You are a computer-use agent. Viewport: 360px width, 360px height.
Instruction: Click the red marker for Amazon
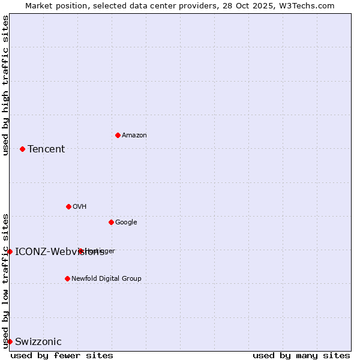[118, 135]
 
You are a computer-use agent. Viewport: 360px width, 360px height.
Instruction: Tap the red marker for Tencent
[22, 149]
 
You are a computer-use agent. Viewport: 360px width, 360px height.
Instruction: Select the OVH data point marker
[68, 206]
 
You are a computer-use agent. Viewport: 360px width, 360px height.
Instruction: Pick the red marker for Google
[111, 222]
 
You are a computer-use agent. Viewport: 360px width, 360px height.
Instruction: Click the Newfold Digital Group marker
[67, 278]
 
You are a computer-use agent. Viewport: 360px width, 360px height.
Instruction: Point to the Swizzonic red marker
[10, 341]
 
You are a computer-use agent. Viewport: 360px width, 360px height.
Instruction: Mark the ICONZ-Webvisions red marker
[10, 251]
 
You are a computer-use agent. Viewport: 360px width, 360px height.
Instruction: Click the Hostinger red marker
[80, 251]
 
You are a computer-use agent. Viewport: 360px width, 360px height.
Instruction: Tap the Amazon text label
[134, 136]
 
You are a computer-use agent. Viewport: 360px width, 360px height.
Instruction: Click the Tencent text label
[46, 149]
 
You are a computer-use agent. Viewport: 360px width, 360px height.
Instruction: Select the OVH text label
[80, 207]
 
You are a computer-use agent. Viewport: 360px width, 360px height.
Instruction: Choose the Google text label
[126, 223]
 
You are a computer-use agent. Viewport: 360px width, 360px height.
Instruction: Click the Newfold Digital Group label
[106, 279]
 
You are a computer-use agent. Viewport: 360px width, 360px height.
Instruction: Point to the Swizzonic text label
[38, 342]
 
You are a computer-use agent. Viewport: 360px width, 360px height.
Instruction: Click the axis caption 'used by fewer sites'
[62, 355]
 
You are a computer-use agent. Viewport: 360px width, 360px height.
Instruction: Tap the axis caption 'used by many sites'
[301, 355]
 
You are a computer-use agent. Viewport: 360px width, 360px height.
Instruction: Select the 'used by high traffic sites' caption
[6, 85]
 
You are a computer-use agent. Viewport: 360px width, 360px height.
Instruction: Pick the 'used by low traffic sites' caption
[6, 281]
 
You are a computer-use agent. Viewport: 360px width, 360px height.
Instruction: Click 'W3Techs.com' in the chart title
[309, 5]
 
